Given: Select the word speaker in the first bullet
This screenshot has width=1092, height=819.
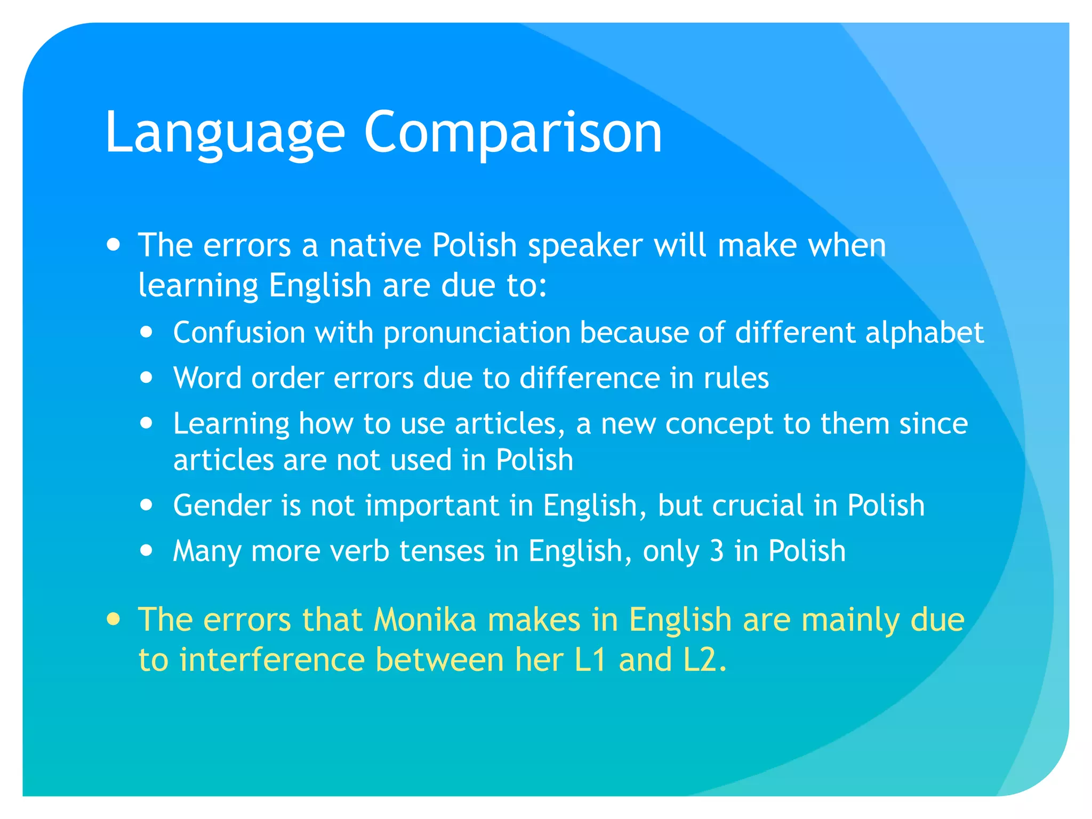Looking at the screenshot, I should pos(585,246).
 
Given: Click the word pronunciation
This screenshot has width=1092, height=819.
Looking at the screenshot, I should pos(477,333).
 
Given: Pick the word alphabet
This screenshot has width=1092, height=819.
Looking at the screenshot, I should pos(924,333).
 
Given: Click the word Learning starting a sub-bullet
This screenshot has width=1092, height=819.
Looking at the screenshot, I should pos(231,424).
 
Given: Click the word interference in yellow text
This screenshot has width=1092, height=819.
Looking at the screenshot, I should pos(272,660).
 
